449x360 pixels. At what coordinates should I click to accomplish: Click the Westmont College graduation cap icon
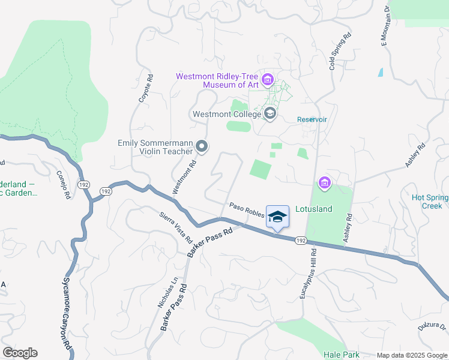[270, 113]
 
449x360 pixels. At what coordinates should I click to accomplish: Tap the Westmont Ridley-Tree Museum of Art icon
[268, 79]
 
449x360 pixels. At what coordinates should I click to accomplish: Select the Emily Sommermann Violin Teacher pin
[202, 146]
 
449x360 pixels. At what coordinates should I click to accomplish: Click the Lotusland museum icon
[325, 182]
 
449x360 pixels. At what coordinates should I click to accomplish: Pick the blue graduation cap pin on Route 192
[277, 217]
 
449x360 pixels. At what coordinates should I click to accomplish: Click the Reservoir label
[312, 119]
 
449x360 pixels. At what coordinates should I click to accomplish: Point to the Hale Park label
[340, 355]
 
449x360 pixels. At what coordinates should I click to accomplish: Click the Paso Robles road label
[246, 210]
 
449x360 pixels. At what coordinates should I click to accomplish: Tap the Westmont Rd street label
[185, 176]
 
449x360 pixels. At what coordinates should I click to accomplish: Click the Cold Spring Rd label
[340, 52]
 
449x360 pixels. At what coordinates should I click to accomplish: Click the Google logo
[20, 353]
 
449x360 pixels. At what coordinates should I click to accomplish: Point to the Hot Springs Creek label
[430, 202]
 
